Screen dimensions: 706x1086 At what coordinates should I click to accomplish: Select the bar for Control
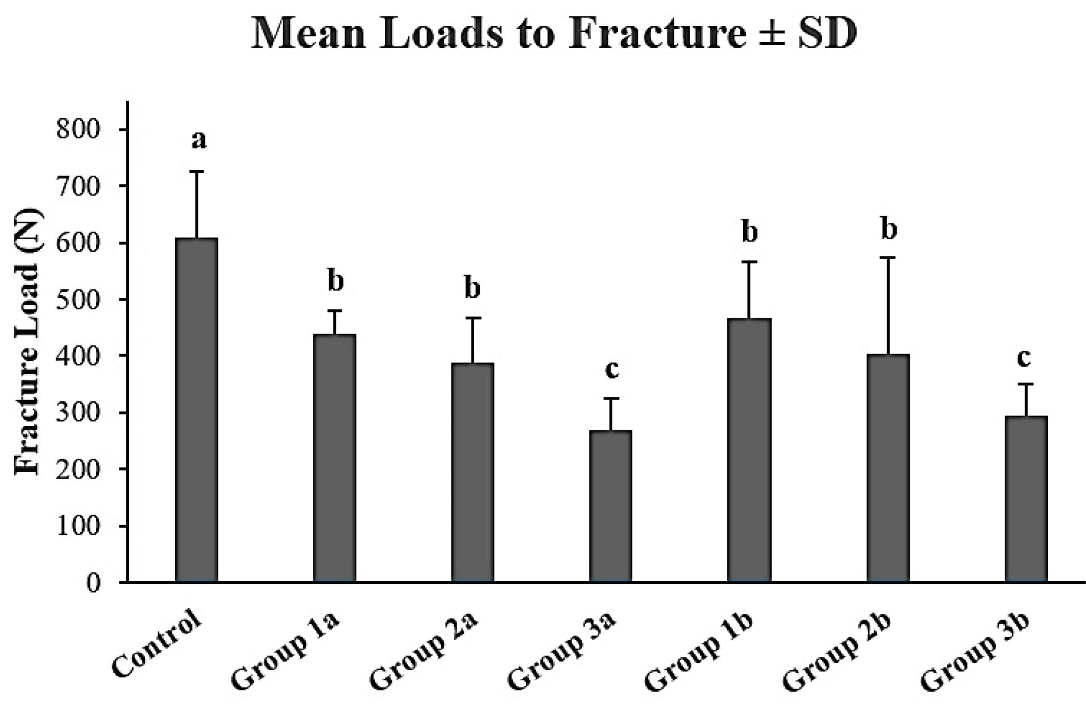point(197,409)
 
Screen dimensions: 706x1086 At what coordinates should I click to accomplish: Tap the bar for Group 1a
point(335,458)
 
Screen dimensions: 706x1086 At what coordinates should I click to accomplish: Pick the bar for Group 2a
point(472,472)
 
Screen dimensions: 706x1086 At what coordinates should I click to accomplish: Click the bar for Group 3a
point(611,506)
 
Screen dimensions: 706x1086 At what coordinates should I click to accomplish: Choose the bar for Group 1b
point(749,450)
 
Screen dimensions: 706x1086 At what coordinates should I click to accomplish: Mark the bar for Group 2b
point(888,468)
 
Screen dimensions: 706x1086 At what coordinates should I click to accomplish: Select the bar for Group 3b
point(1026,499)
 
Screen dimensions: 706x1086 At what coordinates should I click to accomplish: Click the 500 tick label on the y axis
point(78,300)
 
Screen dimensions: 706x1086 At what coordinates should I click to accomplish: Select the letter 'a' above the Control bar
point(199,139)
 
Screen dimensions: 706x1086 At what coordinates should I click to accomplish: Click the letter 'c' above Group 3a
point(612,369)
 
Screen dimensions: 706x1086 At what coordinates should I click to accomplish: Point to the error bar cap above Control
point(197,171)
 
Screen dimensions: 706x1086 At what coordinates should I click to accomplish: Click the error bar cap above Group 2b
point(888,258)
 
